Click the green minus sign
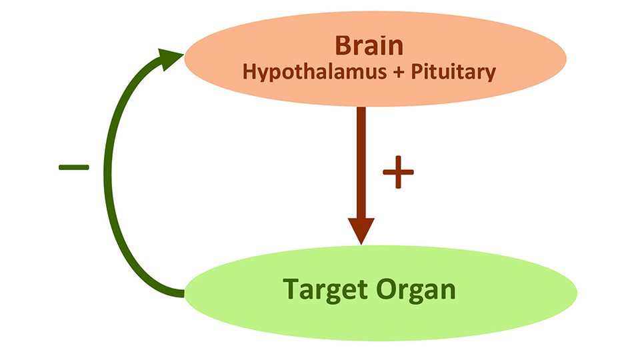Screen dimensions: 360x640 pyautogui.click(x=73, y=167)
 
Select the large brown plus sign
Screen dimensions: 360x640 pyautogui.click(x=398, y=173)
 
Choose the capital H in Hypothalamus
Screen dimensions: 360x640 pyautogui.click(x=249, y=71)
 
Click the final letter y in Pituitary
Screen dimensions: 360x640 pyautogui.click(x=490, y=74)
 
